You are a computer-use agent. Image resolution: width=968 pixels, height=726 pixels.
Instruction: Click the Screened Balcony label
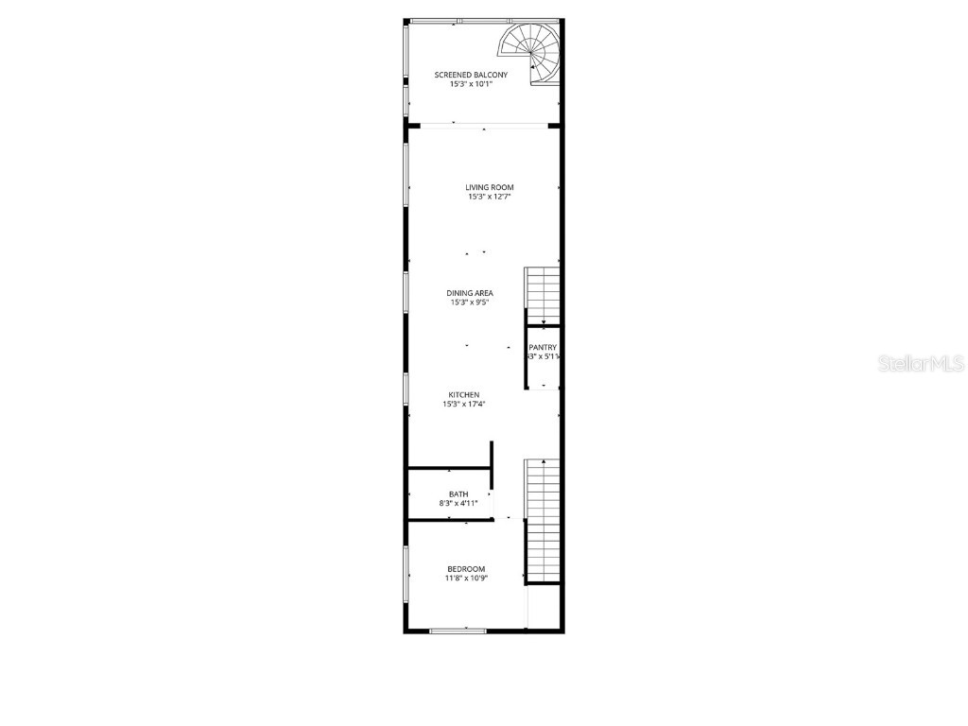pyautogui.click(x=471, y=75)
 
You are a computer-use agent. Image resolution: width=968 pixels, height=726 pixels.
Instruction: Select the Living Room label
pyautogui.click(x=490, y=187)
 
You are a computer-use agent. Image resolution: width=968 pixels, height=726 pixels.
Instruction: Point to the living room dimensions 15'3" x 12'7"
pyautogui.click(x=490, y=198)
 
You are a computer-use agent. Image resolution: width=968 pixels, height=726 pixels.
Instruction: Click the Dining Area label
pyautogui.click(x=470, y=293)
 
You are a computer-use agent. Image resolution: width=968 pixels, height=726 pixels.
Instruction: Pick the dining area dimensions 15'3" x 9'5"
pyautogui.click(x=470, y=302)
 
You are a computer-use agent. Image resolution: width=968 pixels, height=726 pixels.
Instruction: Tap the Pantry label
pyautogui.click(x=543, y=348)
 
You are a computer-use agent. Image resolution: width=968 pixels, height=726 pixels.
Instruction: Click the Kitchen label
pyautogui.click(x=463, y=395)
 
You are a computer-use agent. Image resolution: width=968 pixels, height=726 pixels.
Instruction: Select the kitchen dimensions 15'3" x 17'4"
pyautogui.click(x=463, y=405)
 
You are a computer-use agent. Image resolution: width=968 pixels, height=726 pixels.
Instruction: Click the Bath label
pyautogui.click(x=458, y=493)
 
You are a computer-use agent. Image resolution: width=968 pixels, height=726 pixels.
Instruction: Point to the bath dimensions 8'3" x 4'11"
pyautogui.click(x=458, y=503)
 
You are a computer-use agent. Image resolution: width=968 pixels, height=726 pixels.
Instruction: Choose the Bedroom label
pyautogui.click(x=466, y=569)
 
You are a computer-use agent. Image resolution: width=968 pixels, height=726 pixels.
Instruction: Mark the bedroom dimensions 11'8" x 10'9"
pyautogui.click(x=466, y=578)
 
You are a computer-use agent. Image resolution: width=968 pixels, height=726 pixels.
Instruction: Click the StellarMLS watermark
pyautogui.click(x=921, y=363)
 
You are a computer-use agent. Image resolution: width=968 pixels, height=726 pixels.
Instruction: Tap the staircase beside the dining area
pyautogui.click(x=543, y=295)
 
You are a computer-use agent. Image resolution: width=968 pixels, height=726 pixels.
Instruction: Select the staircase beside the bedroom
pyautogui.click(x=543, y=520)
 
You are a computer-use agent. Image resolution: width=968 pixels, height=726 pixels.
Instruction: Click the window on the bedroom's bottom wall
pyautogui.click(x=458, y=630)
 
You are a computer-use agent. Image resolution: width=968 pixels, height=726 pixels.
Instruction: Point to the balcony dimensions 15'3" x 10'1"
pyautogui.click(x=471, y=84)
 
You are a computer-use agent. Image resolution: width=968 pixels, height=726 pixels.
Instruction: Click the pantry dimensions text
pyautogui.click(x=544, y=357)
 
